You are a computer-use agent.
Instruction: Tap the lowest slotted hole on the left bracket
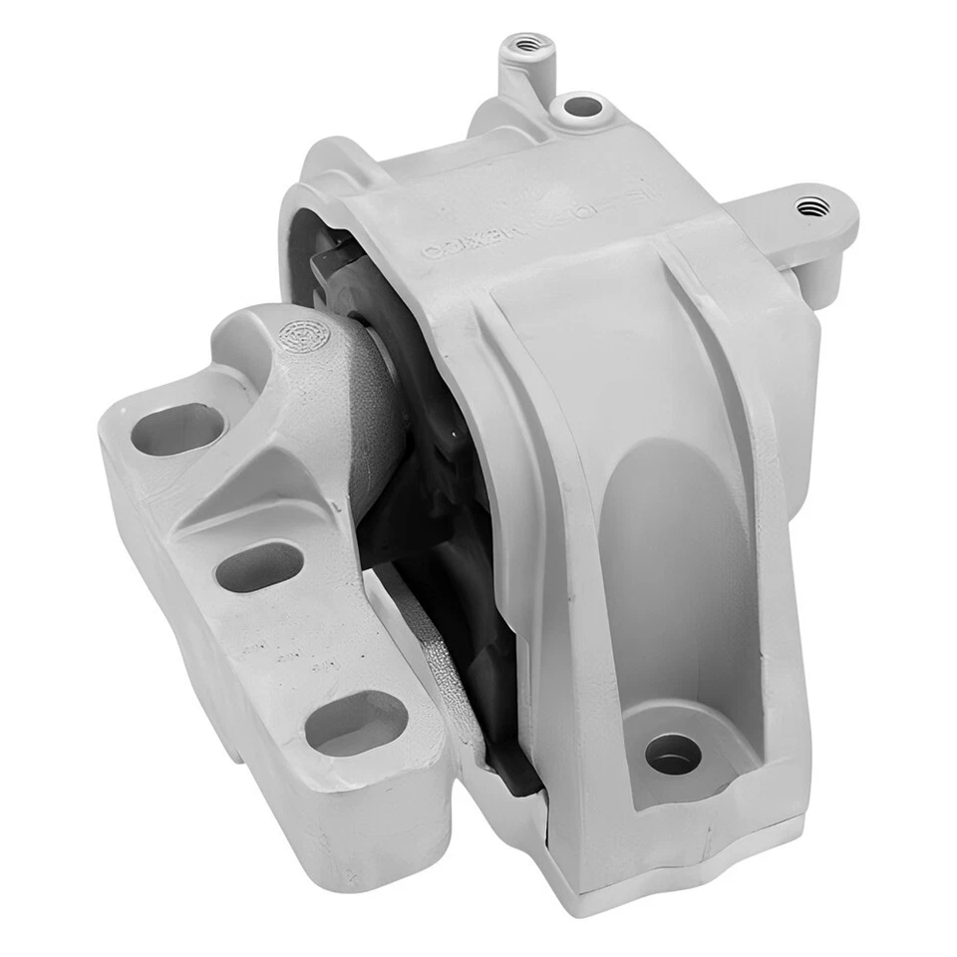point(356,723)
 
